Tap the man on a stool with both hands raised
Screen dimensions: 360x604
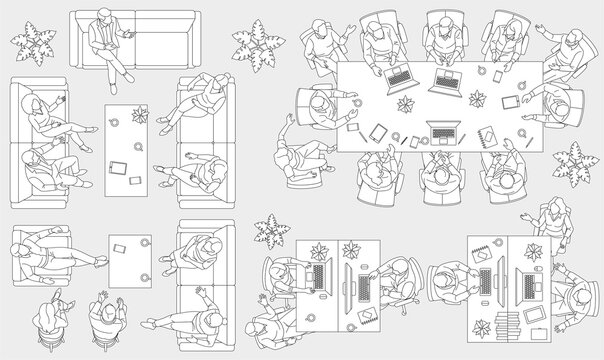[x=105, y=315]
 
